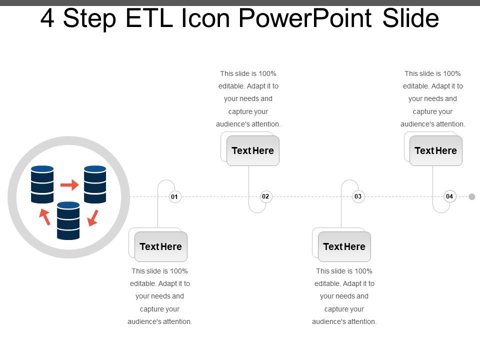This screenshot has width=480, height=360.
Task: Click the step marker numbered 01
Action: [174, 197]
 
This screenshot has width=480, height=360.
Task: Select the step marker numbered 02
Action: [265, 196]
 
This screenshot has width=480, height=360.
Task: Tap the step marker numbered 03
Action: [358, 196]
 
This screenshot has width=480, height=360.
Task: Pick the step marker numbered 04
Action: [449, 196]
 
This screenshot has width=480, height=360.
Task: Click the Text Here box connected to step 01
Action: [161, 246]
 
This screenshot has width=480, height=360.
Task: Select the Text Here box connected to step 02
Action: [253, 150]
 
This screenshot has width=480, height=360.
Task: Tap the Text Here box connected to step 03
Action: [344, 246]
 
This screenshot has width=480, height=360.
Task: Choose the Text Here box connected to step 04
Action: [436, 150]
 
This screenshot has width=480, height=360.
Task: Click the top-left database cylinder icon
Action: [42, 184]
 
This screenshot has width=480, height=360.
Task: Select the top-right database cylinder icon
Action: [95, 184]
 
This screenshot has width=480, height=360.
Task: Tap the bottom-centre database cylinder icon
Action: [68, 220]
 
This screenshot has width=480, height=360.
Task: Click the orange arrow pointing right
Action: [69, 185]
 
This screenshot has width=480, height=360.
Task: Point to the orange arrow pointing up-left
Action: [44, 216]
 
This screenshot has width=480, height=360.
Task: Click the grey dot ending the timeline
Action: [472, 196]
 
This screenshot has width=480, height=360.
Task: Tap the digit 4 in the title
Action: [47, 18]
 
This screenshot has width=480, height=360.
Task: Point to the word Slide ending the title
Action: [410, 18]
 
